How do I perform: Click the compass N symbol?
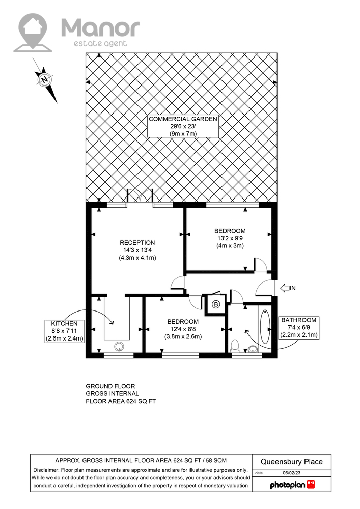tap(44, 79)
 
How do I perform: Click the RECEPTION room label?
tap(137, 242)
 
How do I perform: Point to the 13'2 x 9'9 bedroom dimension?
tap(230, 238)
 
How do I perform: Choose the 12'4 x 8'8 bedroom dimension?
tap(183, 329)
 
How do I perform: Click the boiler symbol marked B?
tap(216, 304)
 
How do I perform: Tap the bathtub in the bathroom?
tap(265, 327)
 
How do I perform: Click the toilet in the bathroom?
tap(234, 346)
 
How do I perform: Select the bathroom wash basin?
tap(253, 349)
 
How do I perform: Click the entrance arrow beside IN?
tap(285, 288)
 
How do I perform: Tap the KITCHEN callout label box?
tap(65, 331)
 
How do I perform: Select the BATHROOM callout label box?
tap(299, 327)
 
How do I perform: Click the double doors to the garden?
tap(140, 197)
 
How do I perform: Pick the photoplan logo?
tap(292, 485)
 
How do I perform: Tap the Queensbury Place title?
tap(291, 462)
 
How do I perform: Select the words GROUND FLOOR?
tap(110, 386)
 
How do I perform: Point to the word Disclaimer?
tap(46, 470)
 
